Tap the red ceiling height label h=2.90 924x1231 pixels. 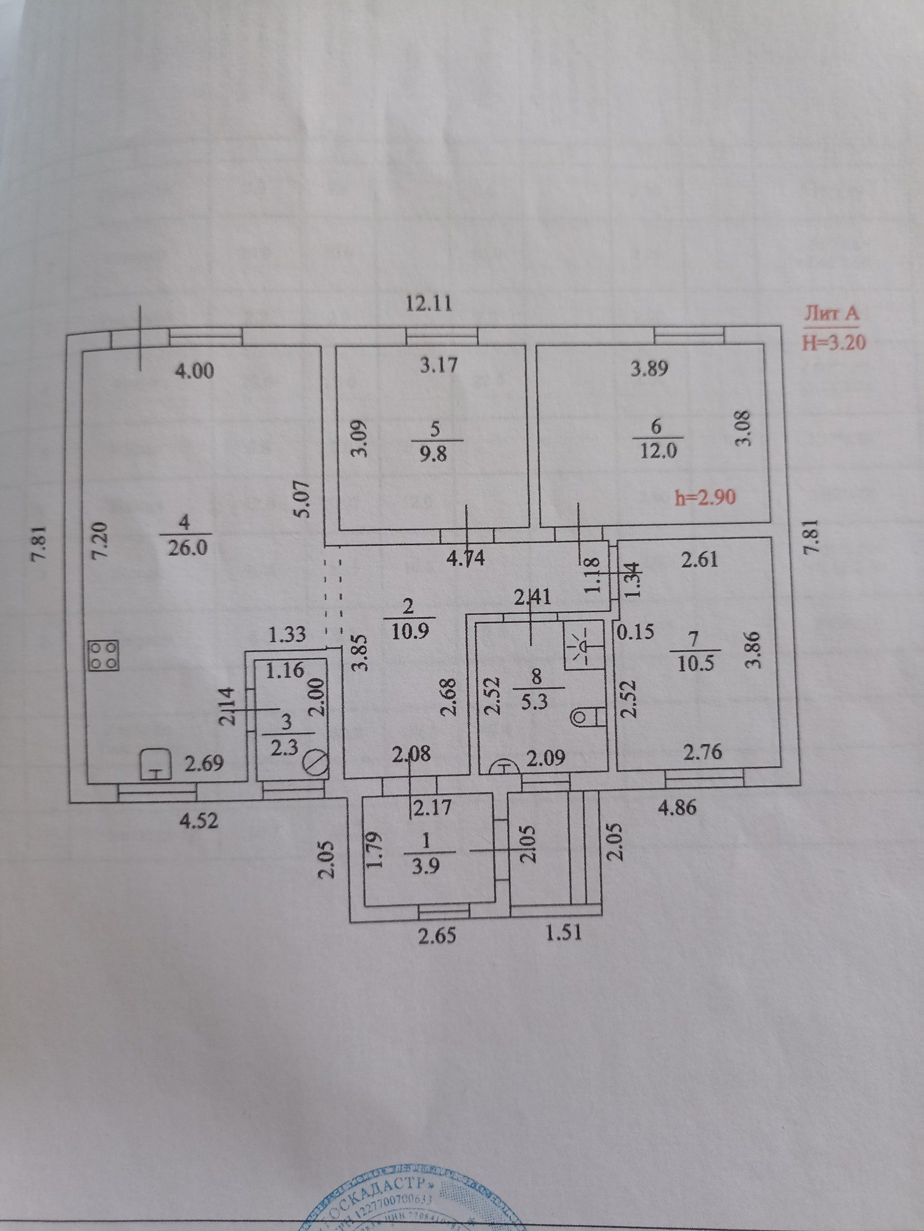[705, 497]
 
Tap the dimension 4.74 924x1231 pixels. [466, 558]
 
